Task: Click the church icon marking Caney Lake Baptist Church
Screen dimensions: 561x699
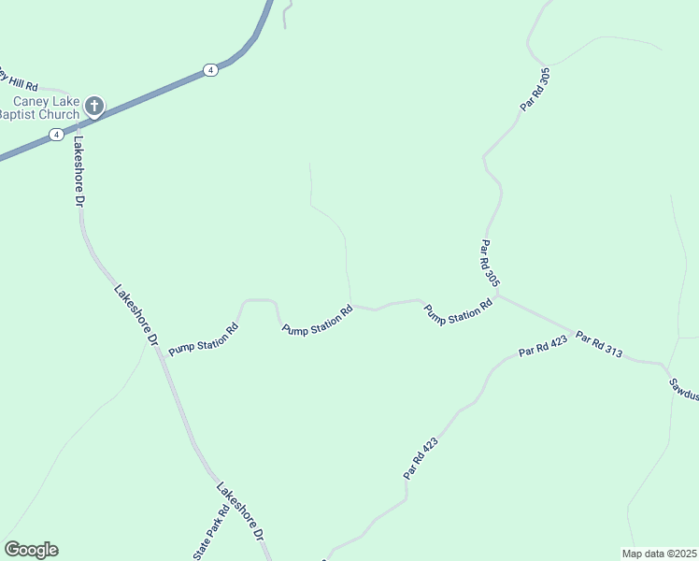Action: (x=94, y=107)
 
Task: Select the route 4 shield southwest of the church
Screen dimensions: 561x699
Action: (x=57, y=135)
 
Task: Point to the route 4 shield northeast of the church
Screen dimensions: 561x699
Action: (x=211, y=70)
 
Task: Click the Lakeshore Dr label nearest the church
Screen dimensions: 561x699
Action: (x=79, y=172)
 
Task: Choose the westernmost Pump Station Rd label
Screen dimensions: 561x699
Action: (x=204, y=338)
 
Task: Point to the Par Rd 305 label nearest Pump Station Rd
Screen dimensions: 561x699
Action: (x=490, y=265)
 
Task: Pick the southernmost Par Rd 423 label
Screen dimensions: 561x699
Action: (x=421, y=459)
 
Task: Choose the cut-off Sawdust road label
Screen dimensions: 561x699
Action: (x=684, y=388)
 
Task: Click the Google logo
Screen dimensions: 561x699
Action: (x=31, y=550)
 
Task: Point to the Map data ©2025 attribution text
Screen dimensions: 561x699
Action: (x=659, y=553)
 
